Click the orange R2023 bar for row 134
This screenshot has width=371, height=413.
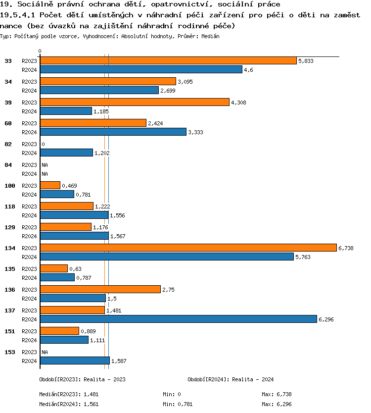[188, 248]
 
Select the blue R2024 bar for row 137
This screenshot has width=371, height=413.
[178, 319]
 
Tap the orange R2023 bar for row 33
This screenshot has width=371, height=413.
[168, 60]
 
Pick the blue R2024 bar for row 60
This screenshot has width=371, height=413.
[113, 132]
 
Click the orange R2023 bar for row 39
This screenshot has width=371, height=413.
[135, 102]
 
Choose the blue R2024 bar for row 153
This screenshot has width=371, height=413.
[75, 361]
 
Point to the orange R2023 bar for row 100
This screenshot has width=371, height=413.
[50, 185]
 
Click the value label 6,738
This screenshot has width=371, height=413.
[346, 248]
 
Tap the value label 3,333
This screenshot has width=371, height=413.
[195, 132]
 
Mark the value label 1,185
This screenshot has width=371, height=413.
[101, 111]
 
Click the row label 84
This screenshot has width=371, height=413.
[9, 165]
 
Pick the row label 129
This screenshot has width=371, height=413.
[9, 227]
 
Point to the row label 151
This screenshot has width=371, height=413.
[9, 331]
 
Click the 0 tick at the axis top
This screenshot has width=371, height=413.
[40, 51]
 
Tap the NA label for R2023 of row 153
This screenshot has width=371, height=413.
[45, 352]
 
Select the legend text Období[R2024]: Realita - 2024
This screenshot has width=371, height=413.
[231, 379]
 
